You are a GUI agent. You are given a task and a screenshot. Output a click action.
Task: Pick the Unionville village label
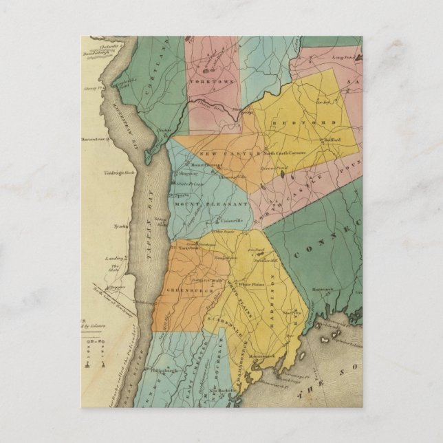point(231,221)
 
